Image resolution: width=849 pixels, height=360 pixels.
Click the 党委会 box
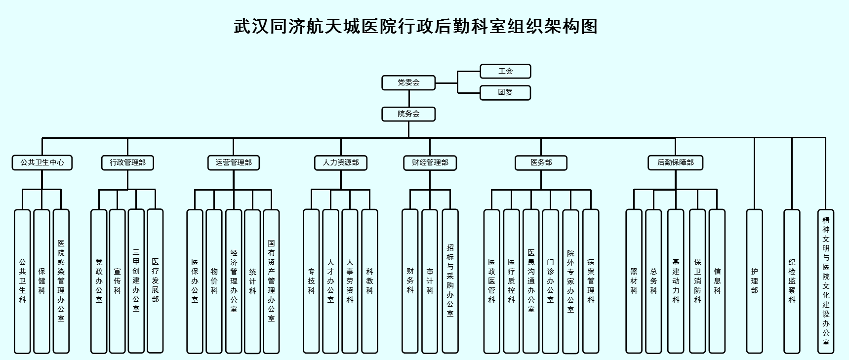coord(408,82)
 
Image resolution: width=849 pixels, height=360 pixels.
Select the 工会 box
coord(505,71)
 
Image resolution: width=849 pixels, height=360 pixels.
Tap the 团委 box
coord(505,92)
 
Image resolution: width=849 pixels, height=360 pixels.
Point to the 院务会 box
coord(408,114)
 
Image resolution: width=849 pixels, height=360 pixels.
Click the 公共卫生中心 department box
coord(42,162)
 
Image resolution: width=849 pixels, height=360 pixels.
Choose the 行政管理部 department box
coord(127,162)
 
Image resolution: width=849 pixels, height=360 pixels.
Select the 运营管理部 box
coord(234,162)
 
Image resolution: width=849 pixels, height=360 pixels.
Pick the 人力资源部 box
coord(341,162)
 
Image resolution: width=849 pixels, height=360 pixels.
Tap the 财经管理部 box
coord(430,162)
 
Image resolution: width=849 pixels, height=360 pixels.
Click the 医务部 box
coord(541,162)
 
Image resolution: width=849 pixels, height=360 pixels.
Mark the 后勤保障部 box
coord(675,162)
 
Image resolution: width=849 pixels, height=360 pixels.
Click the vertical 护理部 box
coord(754,281)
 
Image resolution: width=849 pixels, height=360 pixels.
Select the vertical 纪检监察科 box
coord(792,281)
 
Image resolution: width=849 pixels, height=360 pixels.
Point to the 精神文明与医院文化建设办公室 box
coord(826,281)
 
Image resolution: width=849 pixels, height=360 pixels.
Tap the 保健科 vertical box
coord(42,281)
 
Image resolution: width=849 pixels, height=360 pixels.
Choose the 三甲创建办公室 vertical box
coord(136,281)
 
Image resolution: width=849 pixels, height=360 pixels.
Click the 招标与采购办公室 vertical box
coord(450,281)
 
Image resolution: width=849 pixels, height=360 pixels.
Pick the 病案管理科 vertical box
coord(591,281)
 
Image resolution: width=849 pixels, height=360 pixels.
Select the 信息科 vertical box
coord(717,281)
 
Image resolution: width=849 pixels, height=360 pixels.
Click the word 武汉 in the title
coord(251,26)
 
